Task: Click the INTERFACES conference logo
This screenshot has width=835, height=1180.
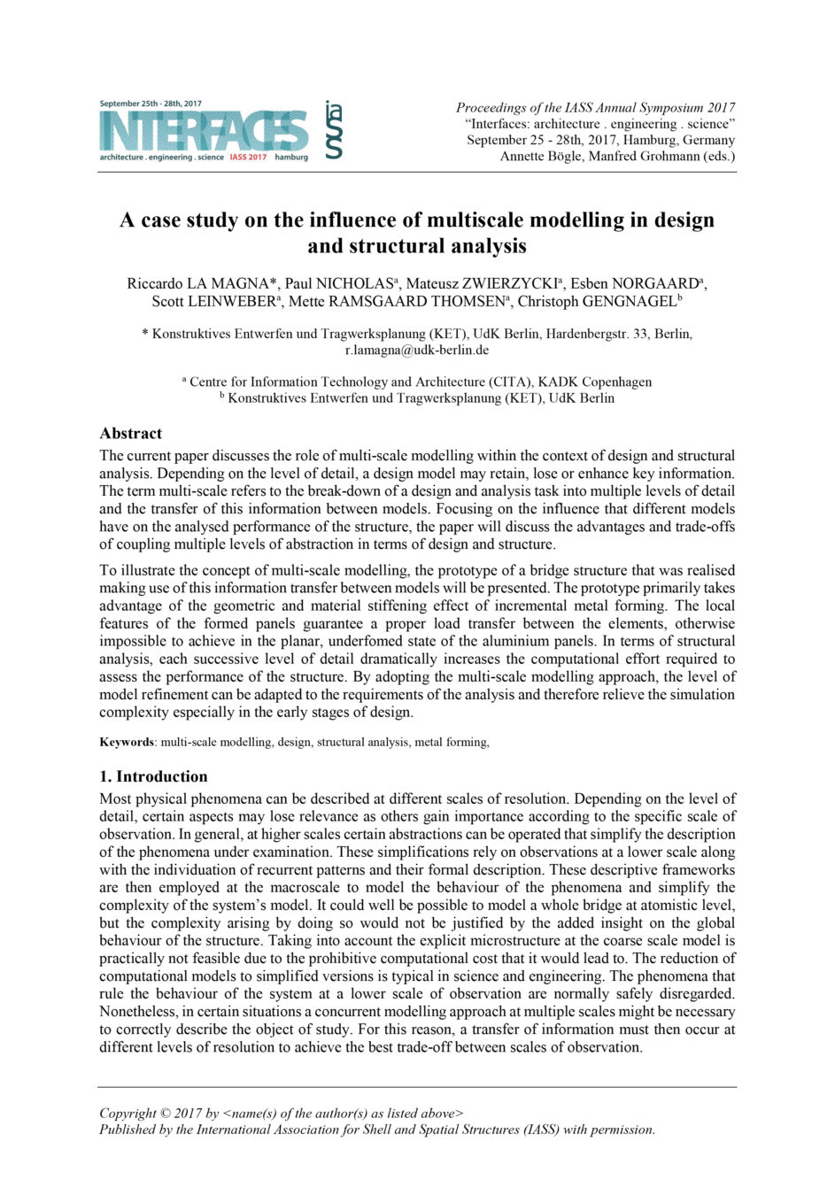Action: click(205, 131)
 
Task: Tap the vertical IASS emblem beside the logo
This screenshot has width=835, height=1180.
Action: click(333, 129)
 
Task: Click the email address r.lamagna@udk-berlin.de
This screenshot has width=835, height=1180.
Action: click(417, 350)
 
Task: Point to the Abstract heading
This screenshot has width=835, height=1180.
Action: click(131, 433)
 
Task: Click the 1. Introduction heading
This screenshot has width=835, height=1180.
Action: click(153, 776)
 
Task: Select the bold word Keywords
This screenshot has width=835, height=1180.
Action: click(127, 742)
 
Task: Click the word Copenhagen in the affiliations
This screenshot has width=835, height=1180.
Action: click(617, 382)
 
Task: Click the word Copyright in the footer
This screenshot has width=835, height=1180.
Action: click(128, 1114)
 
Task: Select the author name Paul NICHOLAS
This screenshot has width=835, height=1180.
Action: click(338, 283)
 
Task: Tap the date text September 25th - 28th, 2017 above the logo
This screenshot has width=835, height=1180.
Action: click(151, 104)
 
